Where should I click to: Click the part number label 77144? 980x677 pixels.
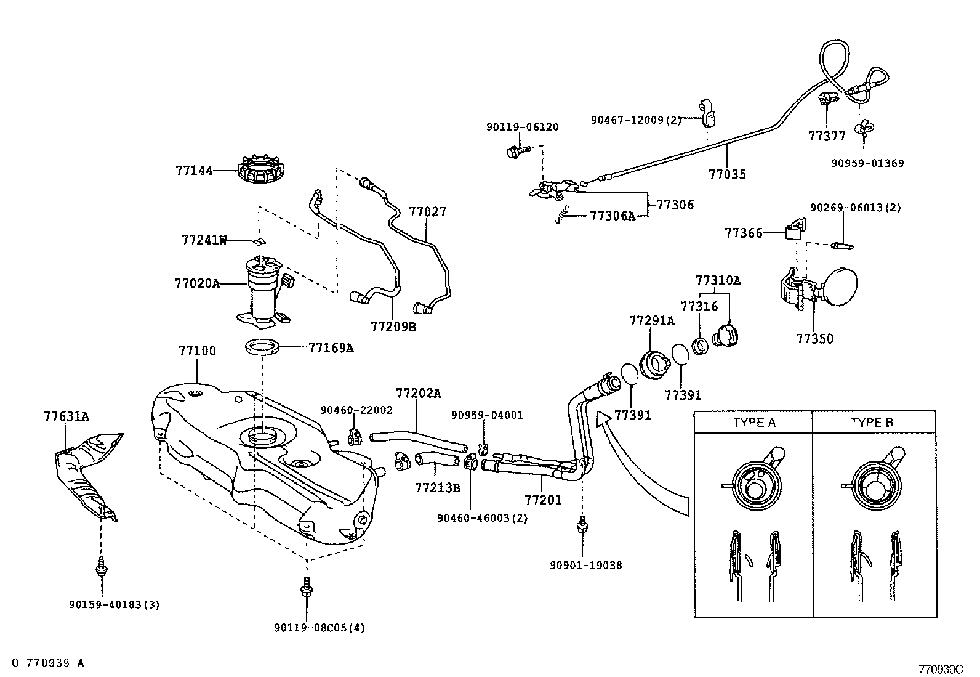195,171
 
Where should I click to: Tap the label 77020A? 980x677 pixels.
196,283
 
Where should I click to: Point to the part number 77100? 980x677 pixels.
197,351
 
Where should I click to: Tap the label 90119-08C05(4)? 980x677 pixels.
319,628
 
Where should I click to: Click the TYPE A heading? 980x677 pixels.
754,423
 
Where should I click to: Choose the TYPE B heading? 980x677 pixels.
872,423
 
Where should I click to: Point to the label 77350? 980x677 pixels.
814,338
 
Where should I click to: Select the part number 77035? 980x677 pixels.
726,174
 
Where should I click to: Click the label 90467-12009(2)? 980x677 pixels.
636,120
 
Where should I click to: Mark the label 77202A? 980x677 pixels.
418,393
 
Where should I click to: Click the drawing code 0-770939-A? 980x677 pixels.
47,663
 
